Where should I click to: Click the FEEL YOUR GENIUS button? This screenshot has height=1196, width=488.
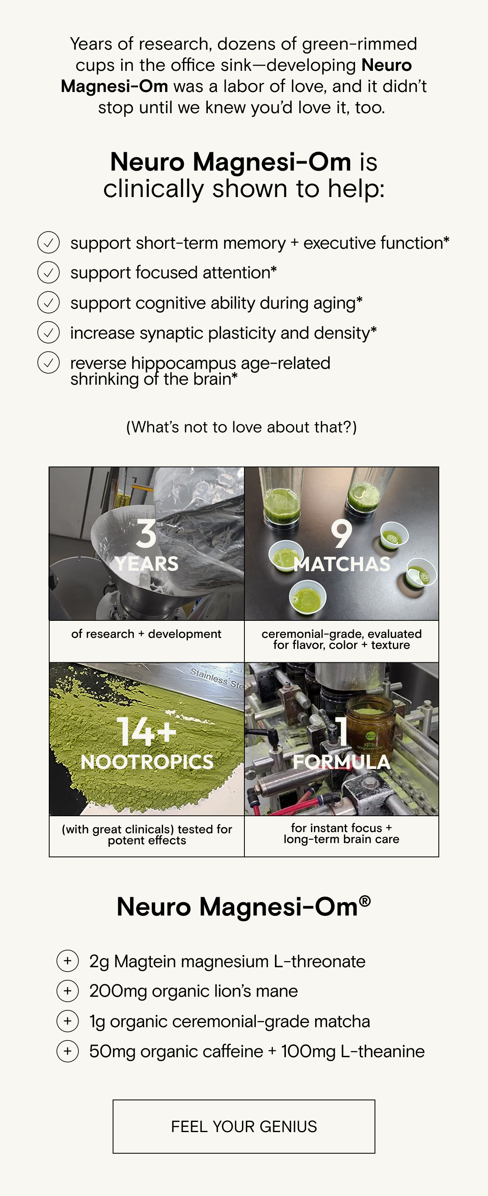(x=244, y=1126)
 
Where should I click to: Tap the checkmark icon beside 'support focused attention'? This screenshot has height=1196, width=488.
(x=48, y=272)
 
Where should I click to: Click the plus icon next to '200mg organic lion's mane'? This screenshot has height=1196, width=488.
(x=68, y=991)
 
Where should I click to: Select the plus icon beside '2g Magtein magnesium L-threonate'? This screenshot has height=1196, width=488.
(x=68, y=961)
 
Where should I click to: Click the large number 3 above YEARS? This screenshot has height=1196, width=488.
(x=146, y=534)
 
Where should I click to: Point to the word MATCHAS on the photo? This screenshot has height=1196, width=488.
(x=342, y=564)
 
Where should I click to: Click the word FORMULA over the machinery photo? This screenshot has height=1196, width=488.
(x=342, y=762)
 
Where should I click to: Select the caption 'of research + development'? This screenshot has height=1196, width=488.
(x=146, y=634)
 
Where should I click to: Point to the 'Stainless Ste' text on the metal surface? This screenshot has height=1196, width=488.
(x=217, y=678)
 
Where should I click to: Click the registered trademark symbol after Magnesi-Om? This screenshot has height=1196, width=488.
(x=365, y=901)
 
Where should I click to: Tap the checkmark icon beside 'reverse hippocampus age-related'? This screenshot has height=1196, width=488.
(x=48, y=363)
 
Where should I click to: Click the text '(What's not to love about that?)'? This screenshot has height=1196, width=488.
(x=242, y=427)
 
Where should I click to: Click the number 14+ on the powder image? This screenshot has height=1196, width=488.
(x=146, y=732)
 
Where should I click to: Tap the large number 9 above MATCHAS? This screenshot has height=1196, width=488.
(x=342, y=534)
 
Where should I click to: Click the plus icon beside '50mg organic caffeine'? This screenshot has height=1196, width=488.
(x=68, y=1051)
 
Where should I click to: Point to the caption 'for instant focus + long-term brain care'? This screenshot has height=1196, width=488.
(x=342, y=833)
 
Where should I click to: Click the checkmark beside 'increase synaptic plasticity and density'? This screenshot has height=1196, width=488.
(x=48, y=333)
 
